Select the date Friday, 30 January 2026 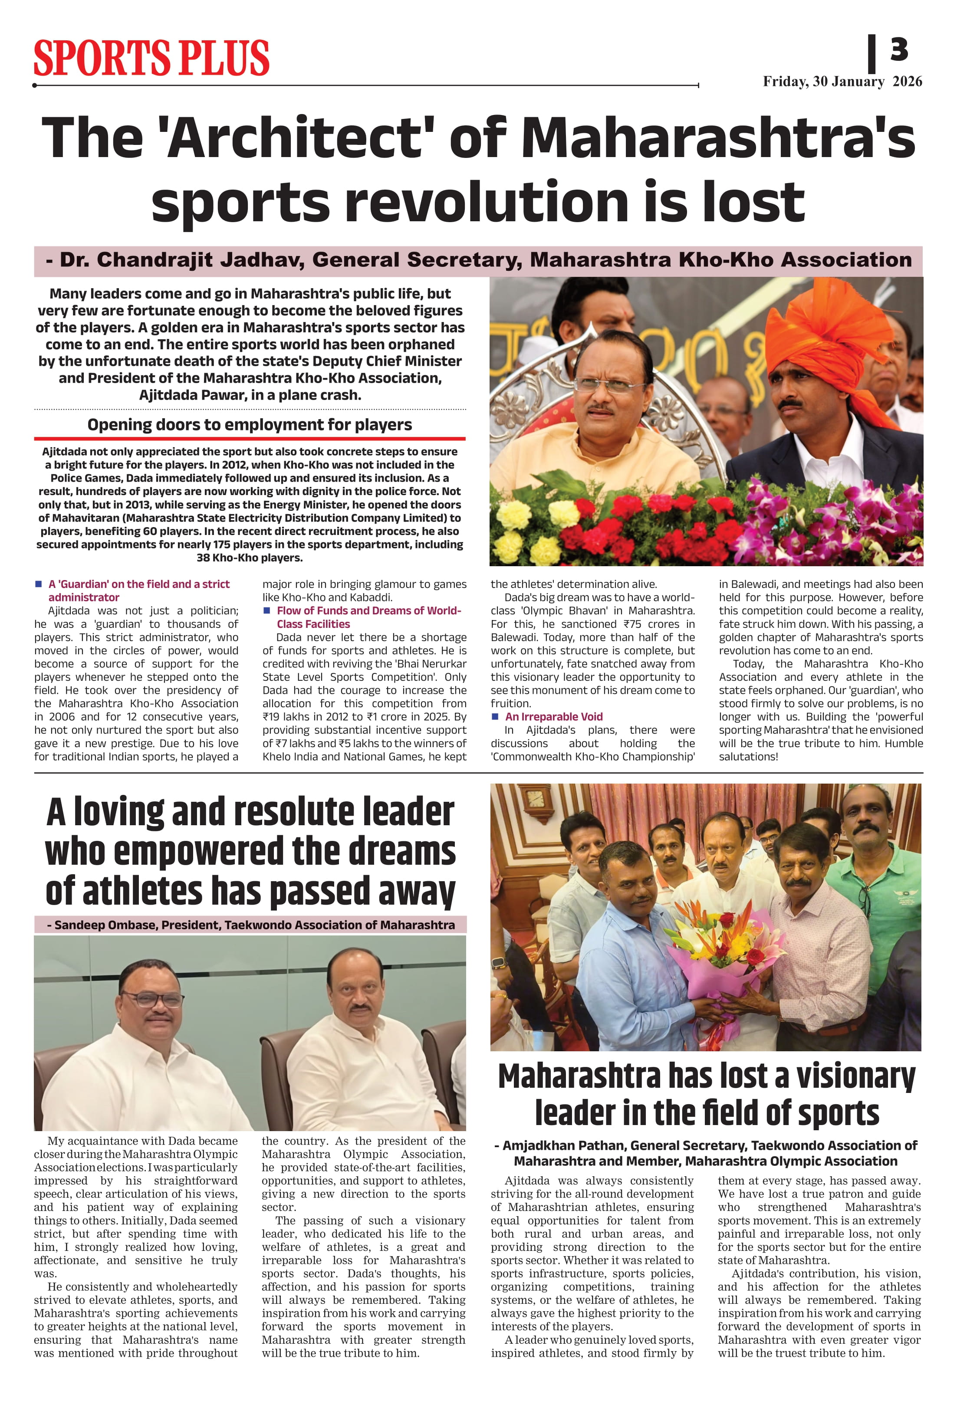pyautogui.click(x=842, y=82)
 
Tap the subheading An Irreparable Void pyautogui.click(x=553, y=716)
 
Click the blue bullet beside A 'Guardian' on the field pyautogui.click(x=39, y=584)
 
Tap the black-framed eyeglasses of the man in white pyautogui.click(x=152, y=1000)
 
